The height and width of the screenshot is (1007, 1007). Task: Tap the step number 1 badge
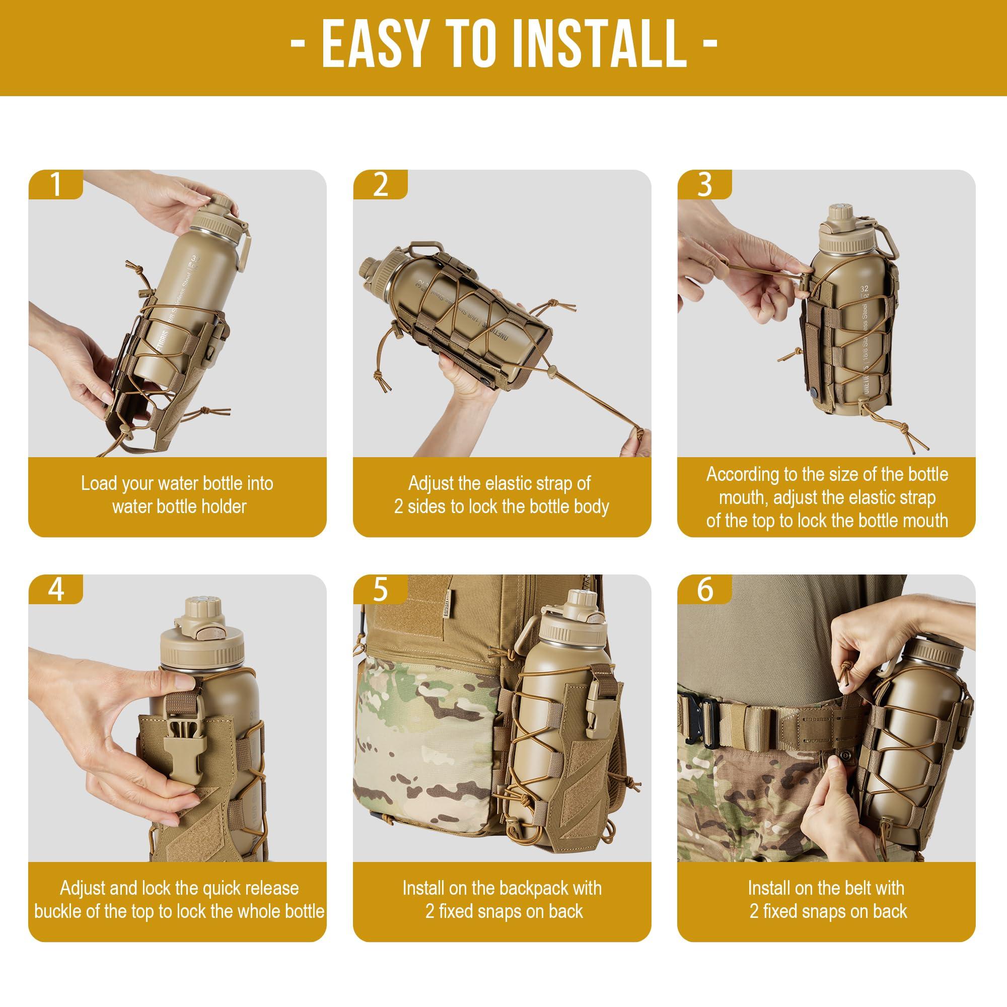tap(55, 184)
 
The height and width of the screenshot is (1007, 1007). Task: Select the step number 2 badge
tap(380, 184)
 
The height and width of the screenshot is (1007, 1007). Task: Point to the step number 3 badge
tap(704, 184)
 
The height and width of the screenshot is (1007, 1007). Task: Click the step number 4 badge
tap(55, 590)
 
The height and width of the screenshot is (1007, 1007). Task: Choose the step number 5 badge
tap(380, 590)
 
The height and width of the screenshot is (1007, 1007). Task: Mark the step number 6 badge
tap(704, 590)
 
